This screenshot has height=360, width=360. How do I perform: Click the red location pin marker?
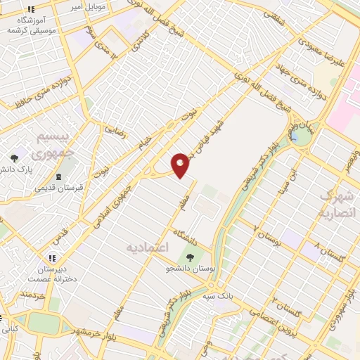pyautogui.click(x=181, y=165)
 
